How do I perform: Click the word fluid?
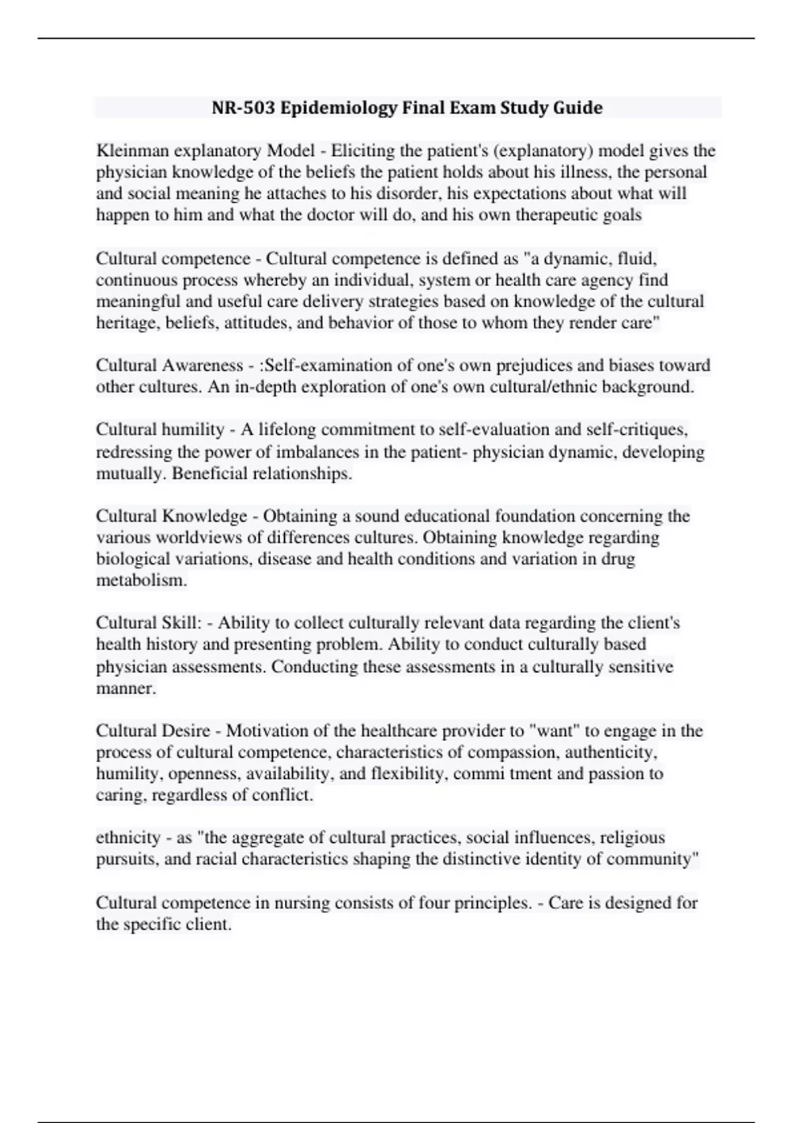click(636, 258)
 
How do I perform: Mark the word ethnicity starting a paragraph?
click(128, 838)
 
